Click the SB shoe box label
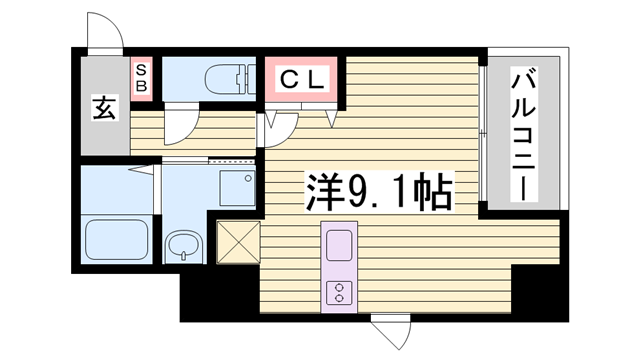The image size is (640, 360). coord(142,77)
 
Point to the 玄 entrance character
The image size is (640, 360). coord(105,107)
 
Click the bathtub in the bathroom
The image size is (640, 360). coord(116,239)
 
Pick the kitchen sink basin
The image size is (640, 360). coord(338,245)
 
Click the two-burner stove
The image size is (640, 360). coord(338,291)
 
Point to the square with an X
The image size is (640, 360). coord(237,242)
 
